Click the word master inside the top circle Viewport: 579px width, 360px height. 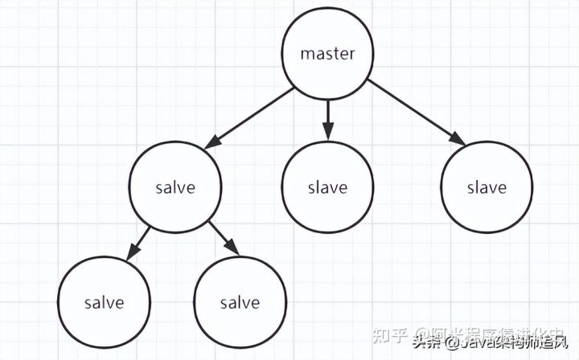[327, 55]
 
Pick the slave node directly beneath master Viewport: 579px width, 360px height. [327, 188]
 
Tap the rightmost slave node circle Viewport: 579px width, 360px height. [487, 188]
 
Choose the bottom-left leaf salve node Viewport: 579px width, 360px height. [105, 303]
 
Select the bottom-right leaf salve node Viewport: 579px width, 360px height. [240, 303]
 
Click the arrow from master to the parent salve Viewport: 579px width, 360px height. [249, 118]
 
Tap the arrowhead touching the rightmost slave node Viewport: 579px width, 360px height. [457, 138]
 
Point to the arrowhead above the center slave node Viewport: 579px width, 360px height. [327, 132]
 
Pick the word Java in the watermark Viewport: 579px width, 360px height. [478, 345]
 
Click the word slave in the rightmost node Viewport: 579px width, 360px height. [487, 188]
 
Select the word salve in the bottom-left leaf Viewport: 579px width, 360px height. [105, 303]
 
